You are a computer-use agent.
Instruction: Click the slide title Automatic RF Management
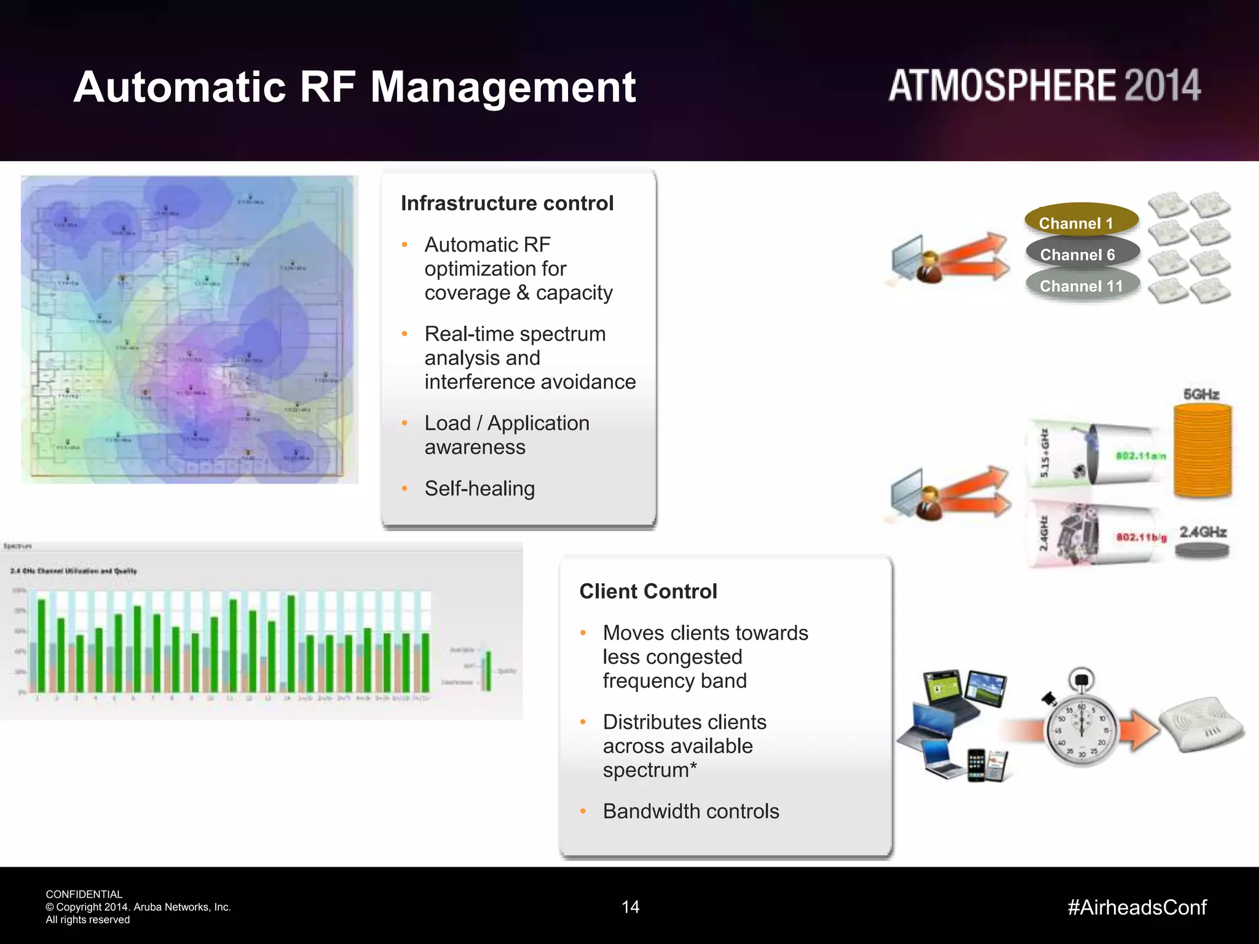[354, 87]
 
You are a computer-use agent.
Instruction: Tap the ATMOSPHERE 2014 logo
[1044, 85]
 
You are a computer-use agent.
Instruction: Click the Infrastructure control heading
[507, 203]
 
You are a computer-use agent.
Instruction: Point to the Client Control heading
[648, 591]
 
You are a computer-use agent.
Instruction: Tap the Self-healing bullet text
[480, 489]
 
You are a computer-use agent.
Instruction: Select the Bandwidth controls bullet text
[691, 811]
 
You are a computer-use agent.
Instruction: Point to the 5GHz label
[1201, 394]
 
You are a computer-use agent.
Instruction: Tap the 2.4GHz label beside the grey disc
[1202, 532]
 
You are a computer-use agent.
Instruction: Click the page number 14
[630, 907]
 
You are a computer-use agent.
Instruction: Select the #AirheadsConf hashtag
[1137, 907]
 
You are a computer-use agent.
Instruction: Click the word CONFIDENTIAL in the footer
[84, 894]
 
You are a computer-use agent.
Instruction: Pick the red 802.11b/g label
[1141, 537]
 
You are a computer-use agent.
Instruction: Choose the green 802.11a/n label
[1140, 456]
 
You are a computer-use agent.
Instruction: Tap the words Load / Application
[507, 423]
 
